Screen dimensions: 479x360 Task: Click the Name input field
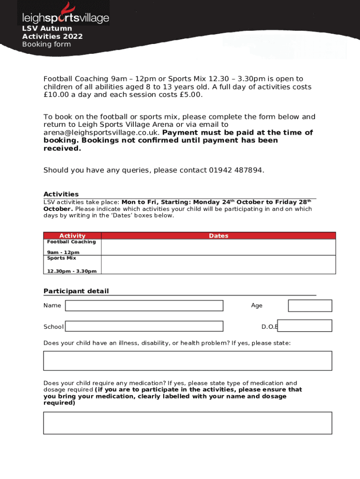coord(144,305)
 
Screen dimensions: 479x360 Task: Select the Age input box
coord(310,305)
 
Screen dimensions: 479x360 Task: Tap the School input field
coord(144,326)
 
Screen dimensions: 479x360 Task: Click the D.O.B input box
coord(304,326)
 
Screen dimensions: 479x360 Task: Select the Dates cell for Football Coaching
coord(218,247)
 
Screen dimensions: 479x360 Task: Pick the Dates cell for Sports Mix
coord(218,264)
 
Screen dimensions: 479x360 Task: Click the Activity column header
coord(72,236)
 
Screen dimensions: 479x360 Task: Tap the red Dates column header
coord(218,236)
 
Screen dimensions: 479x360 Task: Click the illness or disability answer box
coord(187,361)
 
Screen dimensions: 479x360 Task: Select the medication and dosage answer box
coord(187,423)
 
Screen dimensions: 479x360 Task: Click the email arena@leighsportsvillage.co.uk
coord(99,132)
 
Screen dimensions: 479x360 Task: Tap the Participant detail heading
coord(76,291)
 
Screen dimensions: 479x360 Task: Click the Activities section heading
coord(61,194)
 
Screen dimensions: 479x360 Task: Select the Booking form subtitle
coord(46,44)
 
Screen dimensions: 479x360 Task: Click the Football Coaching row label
coord(71,242)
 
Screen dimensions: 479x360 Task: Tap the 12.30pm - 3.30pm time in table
coord(72,271)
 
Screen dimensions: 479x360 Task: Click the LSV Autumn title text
coord(47,29)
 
